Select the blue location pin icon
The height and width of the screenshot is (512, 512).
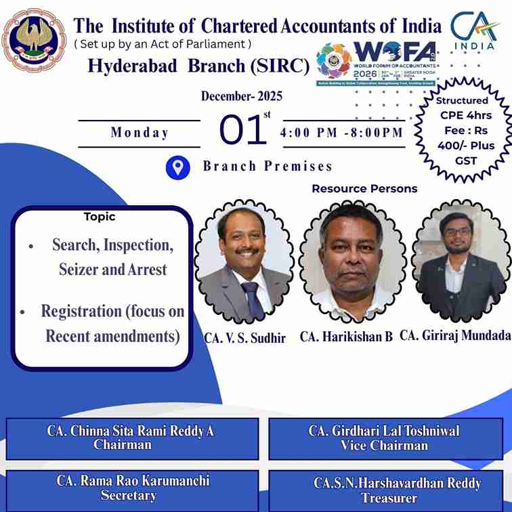pyautogui.click(x=177, y=167)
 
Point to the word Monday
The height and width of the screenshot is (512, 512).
pyautogui.click(x=140, y=133)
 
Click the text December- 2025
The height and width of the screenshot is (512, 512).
pyautogui.click(x=242, y=96)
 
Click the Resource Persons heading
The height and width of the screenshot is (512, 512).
pyautogui.click(x=364, y=188)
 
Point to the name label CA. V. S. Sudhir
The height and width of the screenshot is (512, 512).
pyautogui.click(x=244, y=337)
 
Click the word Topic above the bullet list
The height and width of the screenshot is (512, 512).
pyautogui.click(x=100, y=217)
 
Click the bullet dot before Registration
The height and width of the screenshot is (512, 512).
pyautogui.click(x=22, y=313)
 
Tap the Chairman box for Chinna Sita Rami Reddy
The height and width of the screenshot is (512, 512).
pyautogui.click(x=132, y=438)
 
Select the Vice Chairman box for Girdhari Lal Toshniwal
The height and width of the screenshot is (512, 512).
pyautogui.click(x=385, y=438)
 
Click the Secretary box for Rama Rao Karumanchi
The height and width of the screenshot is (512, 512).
pyautogui.click(x=132, y=489)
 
